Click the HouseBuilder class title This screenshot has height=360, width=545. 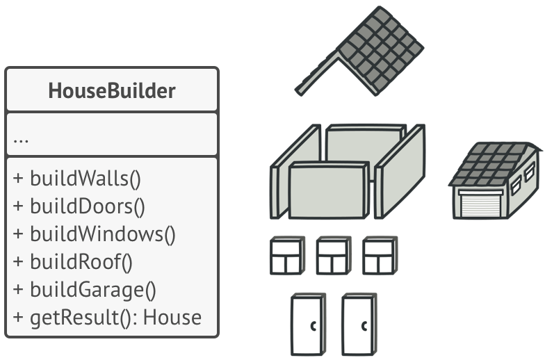pos(111,90)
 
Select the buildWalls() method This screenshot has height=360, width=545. pos(76,178)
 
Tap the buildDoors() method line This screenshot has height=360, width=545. pos(79,206)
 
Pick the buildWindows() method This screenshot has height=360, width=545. pos(94,234)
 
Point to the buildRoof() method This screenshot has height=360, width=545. pos(72,262)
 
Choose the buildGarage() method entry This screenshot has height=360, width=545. pos(84,290)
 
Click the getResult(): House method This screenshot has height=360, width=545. pos(107,318)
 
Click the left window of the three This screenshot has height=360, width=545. pos(287,256)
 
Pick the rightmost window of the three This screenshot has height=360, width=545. pos(380,256)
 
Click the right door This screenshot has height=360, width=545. pos(359,325)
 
